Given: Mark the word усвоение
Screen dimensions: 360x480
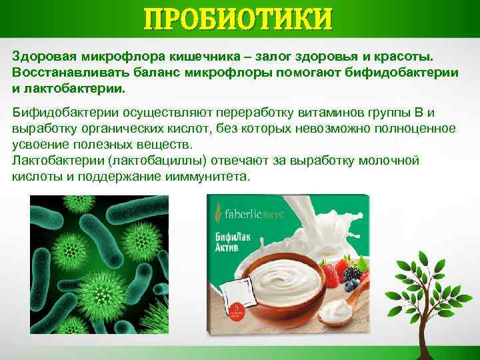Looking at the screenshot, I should coord(41,145).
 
